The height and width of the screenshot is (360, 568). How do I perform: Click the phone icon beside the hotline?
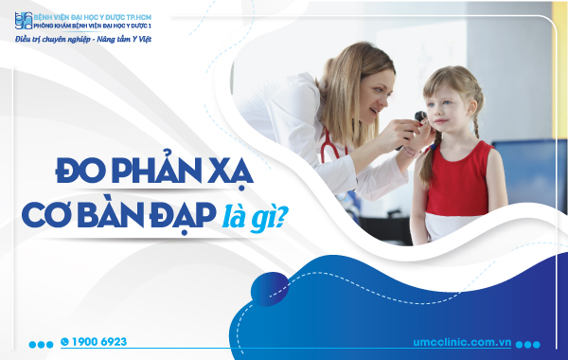pos(64,341)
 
